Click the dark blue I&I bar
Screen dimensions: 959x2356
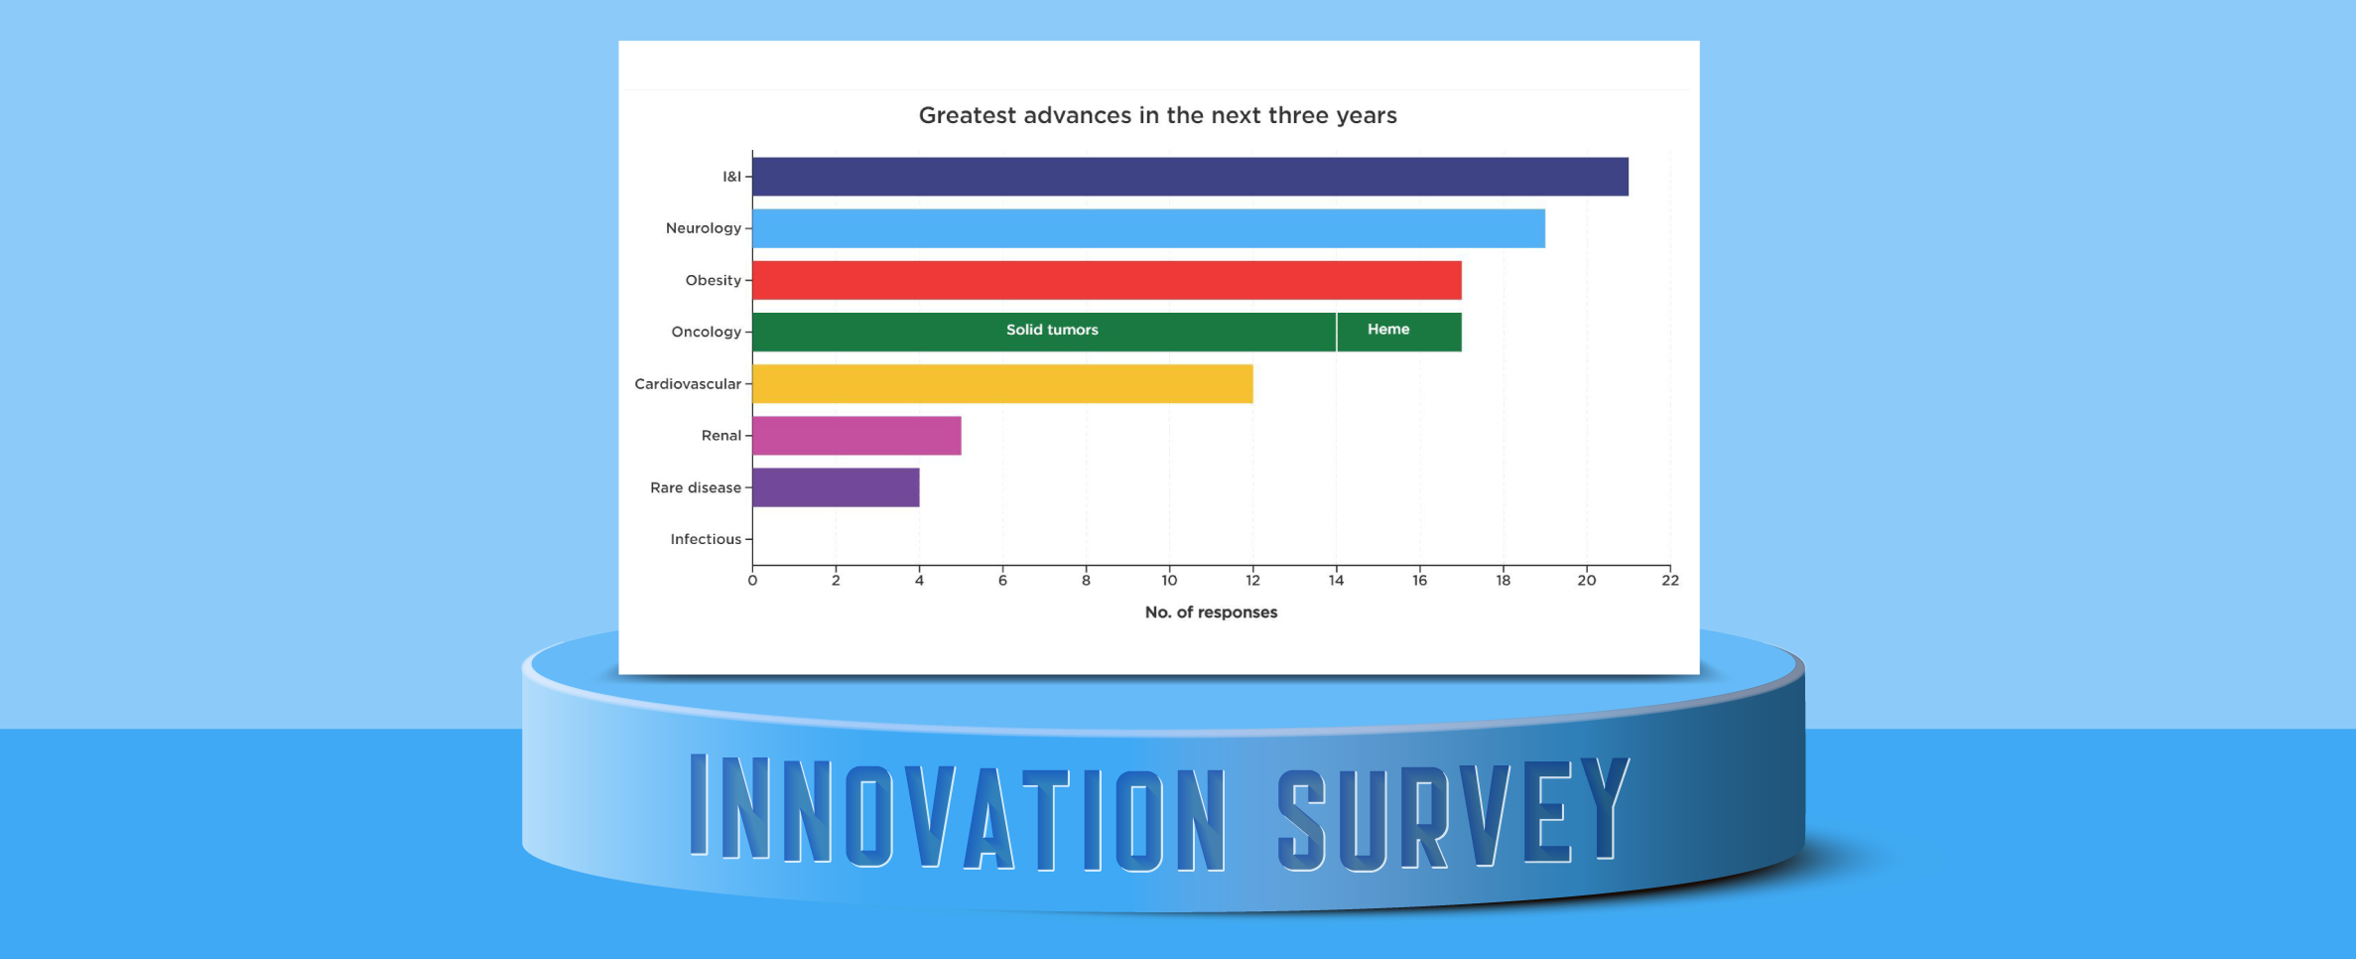pyautogui.click(x=1190, y=177)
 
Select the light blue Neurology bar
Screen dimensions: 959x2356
pyautogui.click(x=1148, y=228)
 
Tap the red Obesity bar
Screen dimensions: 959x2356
pyautogui.click(x=1107, y=280)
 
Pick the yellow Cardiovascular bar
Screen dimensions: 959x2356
pyautogui.click(x=1002, y=384)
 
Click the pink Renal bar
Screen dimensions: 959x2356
pyautogui.click(x=856, y=436)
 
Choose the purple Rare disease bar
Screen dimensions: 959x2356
pyautogui.click(x=836, y=487)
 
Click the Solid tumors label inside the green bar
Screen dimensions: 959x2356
pyautogui.click(x=1052, y=330)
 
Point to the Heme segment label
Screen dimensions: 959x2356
pyautogui.click(x=1387, y=330)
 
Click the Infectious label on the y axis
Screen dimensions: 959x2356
pyautogui.click(x=706, y=539)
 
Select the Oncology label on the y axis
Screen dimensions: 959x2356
pyautogui.click(x=706, y=332)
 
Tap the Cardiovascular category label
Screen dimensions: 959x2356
pyautogui.click(x=688, y=384)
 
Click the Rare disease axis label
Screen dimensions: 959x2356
pyautogui.click(x=696, y=487)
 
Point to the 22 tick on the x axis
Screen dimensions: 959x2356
pyautogui.click(x=1670, y=581)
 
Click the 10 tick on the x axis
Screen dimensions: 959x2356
pyautogui.click(x=1169, y=581)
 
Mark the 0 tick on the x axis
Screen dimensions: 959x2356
pyautogui.click(x=752, y=581)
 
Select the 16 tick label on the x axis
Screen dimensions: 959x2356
pyautogui.click(x=1420, y=581)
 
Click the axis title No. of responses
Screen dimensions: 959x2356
pyautogui.click(x=1211, y=613)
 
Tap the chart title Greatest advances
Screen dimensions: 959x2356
pyautogui.click(x=1157, y=115)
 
